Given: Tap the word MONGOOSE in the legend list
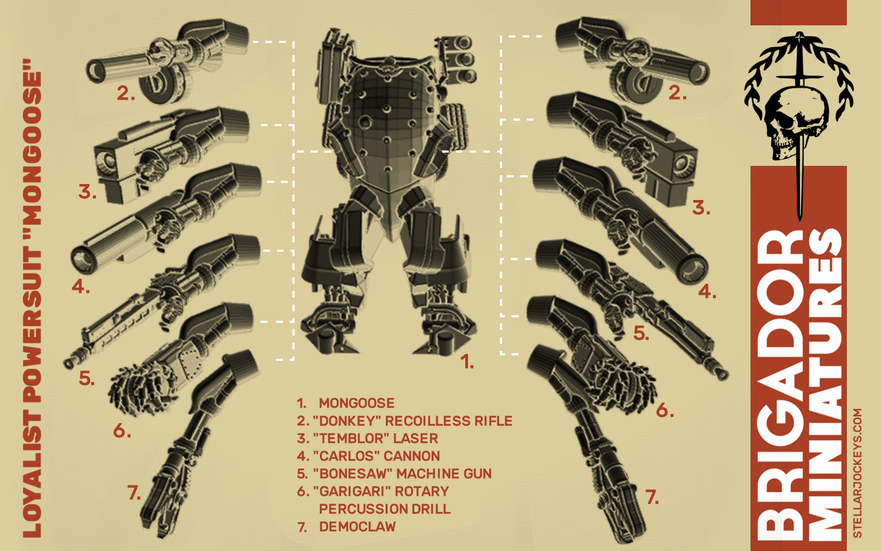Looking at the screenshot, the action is [x=356, y=403].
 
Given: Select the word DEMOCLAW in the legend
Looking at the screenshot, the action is [x=357, y=527].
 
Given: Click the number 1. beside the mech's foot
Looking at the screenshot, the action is [x=467, y=361].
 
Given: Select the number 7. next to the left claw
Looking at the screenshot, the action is [x=134, y=493].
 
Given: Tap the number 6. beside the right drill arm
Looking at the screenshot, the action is [x=665, y=410].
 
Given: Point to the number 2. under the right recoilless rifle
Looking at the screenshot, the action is [x=677, y=93].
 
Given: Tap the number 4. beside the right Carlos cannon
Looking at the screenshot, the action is [x=707, y=291].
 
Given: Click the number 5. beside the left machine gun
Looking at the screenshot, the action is [x=86, y=378].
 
